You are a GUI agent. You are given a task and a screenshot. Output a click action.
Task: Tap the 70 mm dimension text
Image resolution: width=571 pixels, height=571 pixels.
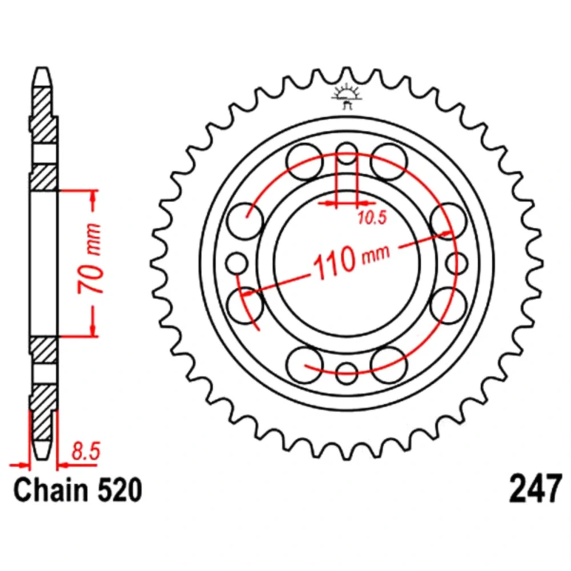pyautogui.click(x=89, y=259)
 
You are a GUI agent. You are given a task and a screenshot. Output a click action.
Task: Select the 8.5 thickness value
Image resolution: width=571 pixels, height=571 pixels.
pyautogui.click(x=86, y=452)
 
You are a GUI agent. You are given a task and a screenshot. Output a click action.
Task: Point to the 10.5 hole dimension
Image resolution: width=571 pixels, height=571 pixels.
pyautogui.click(x=372, y=218)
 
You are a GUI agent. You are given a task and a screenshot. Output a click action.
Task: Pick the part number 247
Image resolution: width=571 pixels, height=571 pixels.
pyautogui.click(x=536, y=489)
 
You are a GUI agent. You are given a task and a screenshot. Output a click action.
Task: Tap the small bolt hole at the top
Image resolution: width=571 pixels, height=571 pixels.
pyautogui.click(x=347, y=153)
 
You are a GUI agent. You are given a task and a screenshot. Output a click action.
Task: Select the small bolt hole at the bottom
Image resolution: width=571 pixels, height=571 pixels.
pyautogui.click(x=347, y=373)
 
